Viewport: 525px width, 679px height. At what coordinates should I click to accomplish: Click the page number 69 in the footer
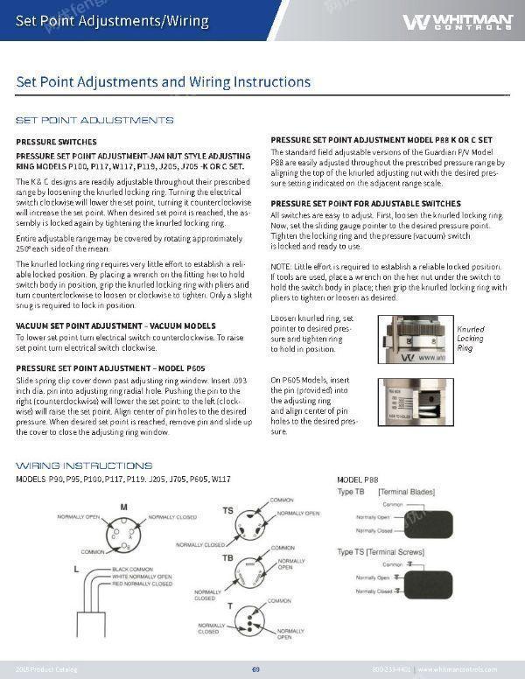(x=255, y=669)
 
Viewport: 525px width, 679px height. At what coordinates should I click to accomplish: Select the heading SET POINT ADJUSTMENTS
(x=94, y=120)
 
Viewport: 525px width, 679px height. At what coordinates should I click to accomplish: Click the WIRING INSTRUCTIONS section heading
(x=84, y=465)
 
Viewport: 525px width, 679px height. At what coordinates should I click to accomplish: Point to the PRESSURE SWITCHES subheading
(x=55, y=141)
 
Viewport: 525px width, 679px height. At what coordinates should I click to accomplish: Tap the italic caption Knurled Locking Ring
(x=470, y=339)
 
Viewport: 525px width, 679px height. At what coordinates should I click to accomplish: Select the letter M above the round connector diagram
(x=123, y=507)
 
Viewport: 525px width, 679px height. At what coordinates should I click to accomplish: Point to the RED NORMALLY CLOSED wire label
(x=143, y=584)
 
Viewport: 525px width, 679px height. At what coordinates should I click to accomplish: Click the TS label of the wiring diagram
(x=227, y=509)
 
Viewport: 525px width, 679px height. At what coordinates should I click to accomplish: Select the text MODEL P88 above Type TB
(x=358, y=481)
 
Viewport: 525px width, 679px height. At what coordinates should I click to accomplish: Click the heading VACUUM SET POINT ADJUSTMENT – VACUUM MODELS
(x=115, y=325)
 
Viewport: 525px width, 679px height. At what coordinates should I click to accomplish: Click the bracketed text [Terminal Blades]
(x=406, y=493)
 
